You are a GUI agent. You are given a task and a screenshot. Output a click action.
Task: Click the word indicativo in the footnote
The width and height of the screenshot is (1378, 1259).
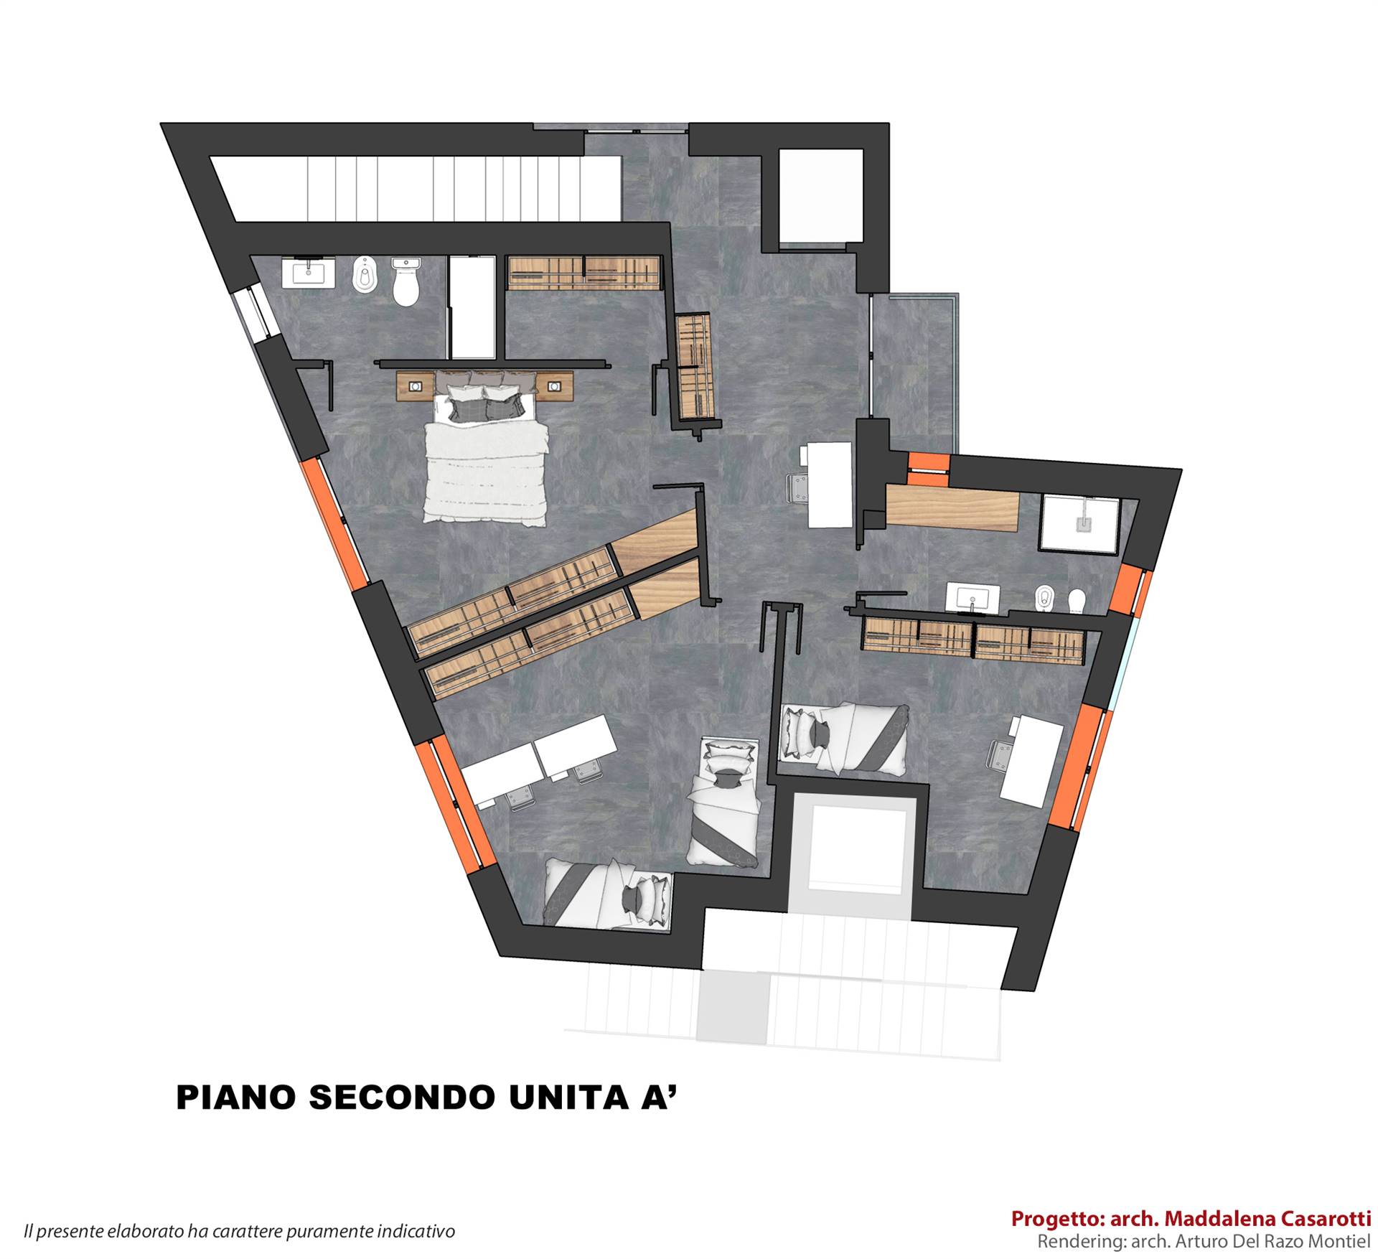click(417, 1232)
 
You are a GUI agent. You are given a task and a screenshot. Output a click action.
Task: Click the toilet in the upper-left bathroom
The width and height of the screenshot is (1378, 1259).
click(406, 281)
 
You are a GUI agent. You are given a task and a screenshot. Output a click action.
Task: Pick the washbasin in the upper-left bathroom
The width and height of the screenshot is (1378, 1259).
click(309, 273)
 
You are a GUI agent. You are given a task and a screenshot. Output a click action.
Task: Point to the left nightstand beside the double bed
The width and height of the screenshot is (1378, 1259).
click(415, 386)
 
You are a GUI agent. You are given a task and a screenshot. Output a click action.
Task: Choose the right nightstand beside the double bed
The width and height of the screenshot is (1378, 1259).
click(555, 386)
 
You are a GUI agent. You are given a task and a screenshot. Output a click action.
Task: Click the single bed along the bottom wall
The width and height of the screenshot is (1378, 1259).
click(609, 893)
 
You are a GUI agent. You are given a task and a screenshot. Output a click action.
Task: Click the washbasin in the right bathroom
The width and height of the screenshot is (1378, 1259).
click(972, 598)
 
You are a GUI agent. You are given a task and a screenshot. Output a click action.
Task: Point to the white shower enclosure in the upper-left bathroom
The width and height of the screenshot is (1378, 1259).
click(472, 306)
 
